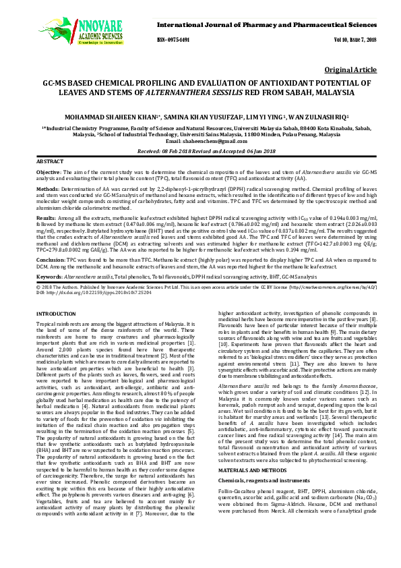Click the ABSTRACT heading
pyautogui.click(x=50, y=163)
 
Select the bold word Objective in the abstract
pyautogui.click(x=49, y=173)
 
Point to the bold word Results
pyautogui.click(x=46, y=219)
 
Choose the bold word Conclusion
pyautogui.click(x=51, y=258)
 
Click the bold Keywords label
pyautogui.click(x=49, y=277)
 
